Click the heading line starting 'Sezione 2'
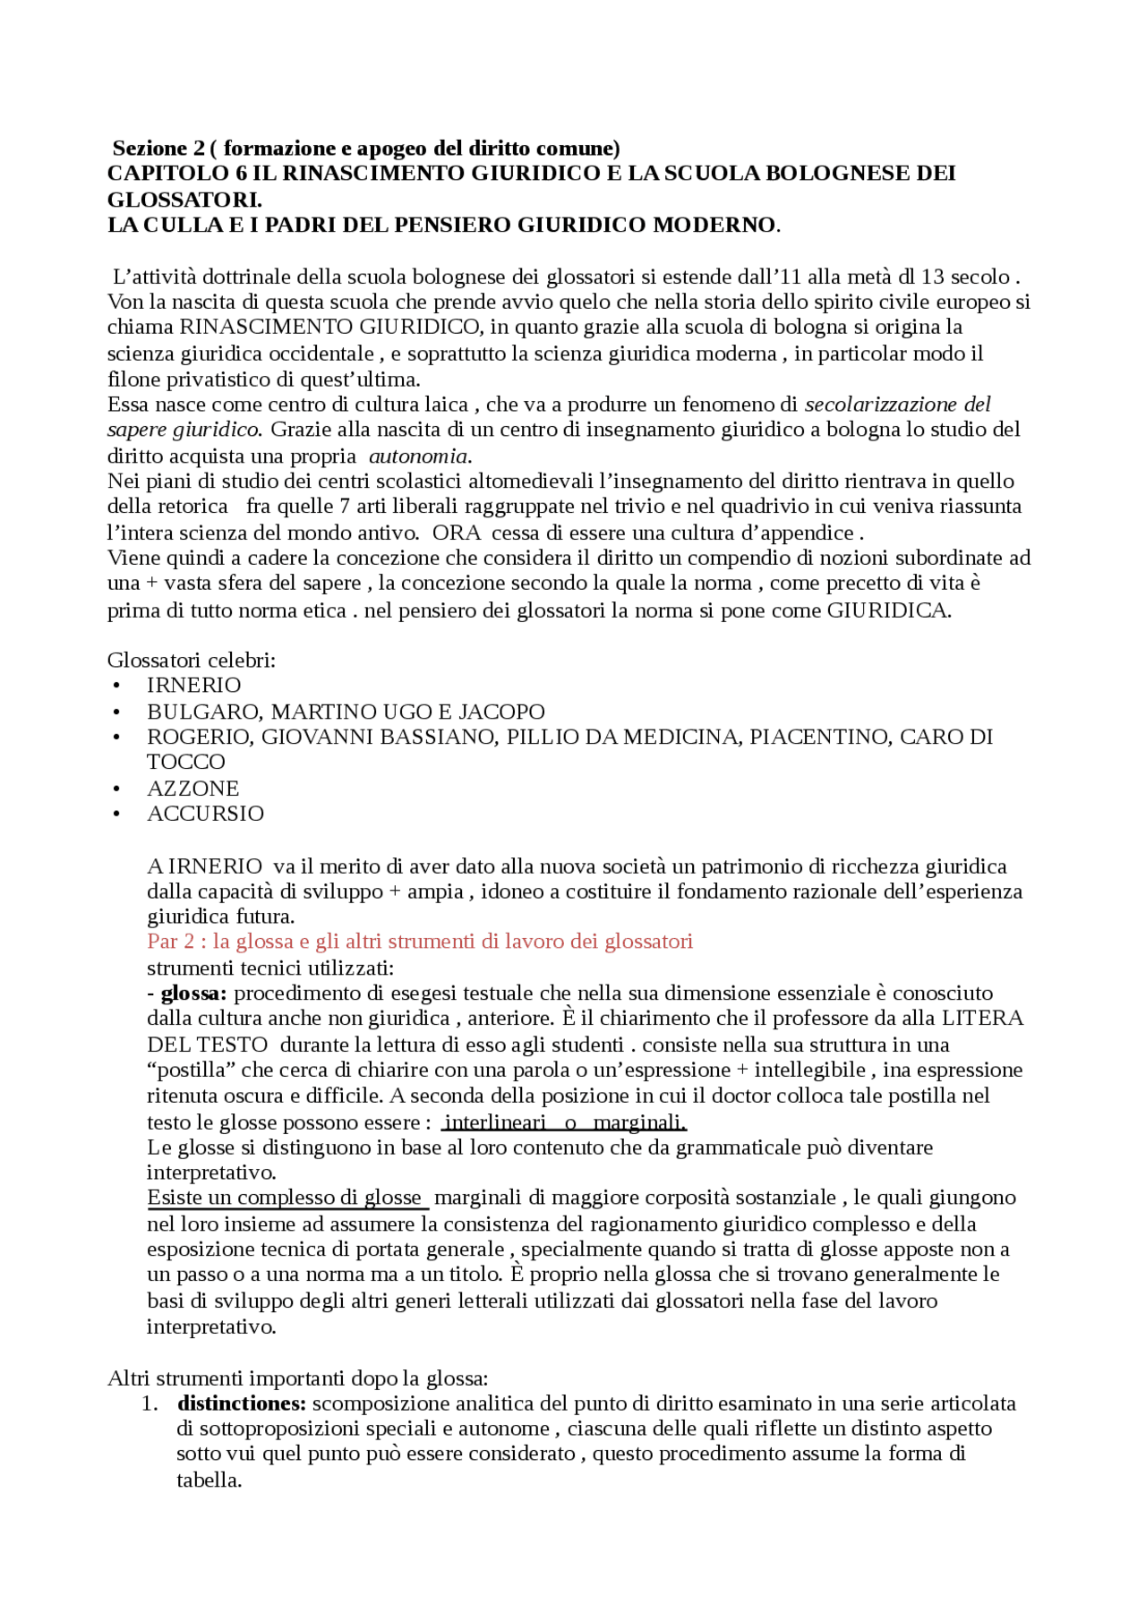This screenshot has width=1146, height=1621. tap(365, 148)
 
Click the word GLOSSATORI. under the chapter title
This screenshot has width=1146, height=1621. tap(184, 199)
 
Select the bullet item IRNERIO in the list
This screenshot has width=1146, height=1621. tap(193, 686)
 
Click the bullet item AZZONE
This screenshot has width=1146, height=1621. tap(192, 789)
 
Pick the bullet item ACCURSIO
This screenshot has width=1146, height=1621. tap(205, 814)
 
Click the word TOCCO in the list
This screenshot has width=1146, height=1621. tap(186, 762)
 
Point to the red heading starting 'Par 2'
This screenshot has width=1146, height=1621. tap(420, 942)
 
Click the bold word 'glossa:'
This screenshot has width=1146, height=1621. tap(193, 994)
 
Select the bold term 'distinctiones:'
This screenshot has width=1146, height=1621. tap(242, 1403)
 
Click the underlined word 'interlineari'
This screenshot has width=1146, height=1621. tap(495, 1122)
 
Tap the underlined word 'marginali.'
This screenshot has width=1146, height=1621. tap(639, 1122)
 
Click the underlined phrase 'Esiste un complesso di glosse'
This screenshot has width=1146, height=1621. tap(285, 1198)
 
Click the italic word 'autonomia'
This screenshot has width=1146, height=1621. tap(418, 456)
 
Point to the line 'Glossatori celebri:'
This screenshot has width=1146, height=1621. tap(192, 661)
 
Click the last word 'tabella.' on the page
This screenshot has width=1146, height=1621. tap(210, 1480)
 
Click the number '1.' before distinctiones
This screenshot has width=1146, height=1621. tap(150, 1403)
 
